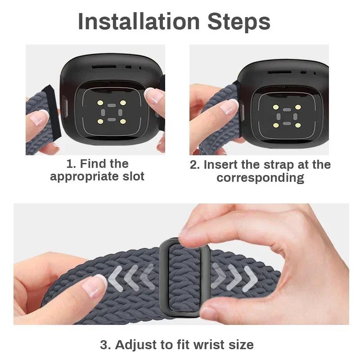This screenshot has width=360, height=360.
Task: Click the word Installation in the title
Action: (x=139, y=22)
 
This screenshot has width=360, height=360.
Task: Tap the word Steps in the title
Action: (x=239, y=22)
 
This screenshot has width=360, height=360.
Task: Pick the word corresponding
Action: (x=261, y=178)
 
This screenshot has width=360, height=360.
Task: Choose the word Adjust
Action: (x=136, y=345)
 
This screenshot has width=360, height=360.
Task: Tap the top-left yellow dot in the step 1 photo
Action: (x=100, y=103)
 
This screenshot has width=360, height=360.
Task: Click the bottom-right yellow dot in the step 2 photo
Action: (x=298, y=126)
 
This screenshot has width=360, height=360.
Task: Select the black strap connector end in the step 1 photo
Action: (x=53, y=111)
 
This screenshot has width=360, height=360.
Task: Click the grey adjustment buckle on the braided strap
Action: (x=184, y=277)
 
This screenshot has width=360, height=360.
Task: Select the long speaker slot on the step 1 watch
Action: (x=104, y=67)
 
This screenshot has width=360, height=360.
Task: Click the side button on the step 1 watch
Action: (x=65, y=108)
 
